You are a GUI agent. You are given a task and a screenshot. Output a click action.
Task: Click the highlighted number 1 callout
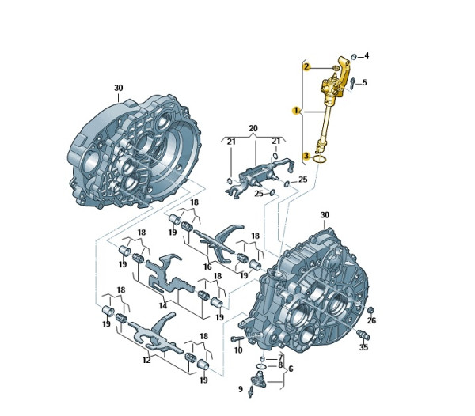295,111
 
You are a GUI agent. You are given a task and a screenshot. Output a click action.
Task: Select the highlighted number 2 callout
307,66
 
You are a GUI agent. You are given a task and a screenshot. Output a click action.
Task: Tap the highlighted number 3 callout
306,156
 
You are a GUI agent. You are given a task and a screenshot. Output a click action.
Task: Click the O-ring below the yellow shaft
320,158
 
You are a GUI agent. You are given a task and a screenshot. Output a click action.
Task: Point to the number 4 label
367,55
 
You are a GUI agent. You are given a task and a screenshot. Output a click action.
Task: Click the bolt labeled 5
353,83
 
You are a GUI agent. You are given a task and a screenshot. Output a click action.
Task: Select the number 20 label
253,128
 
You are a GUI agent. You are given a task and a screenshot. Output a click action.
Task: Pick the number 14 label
163,305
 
